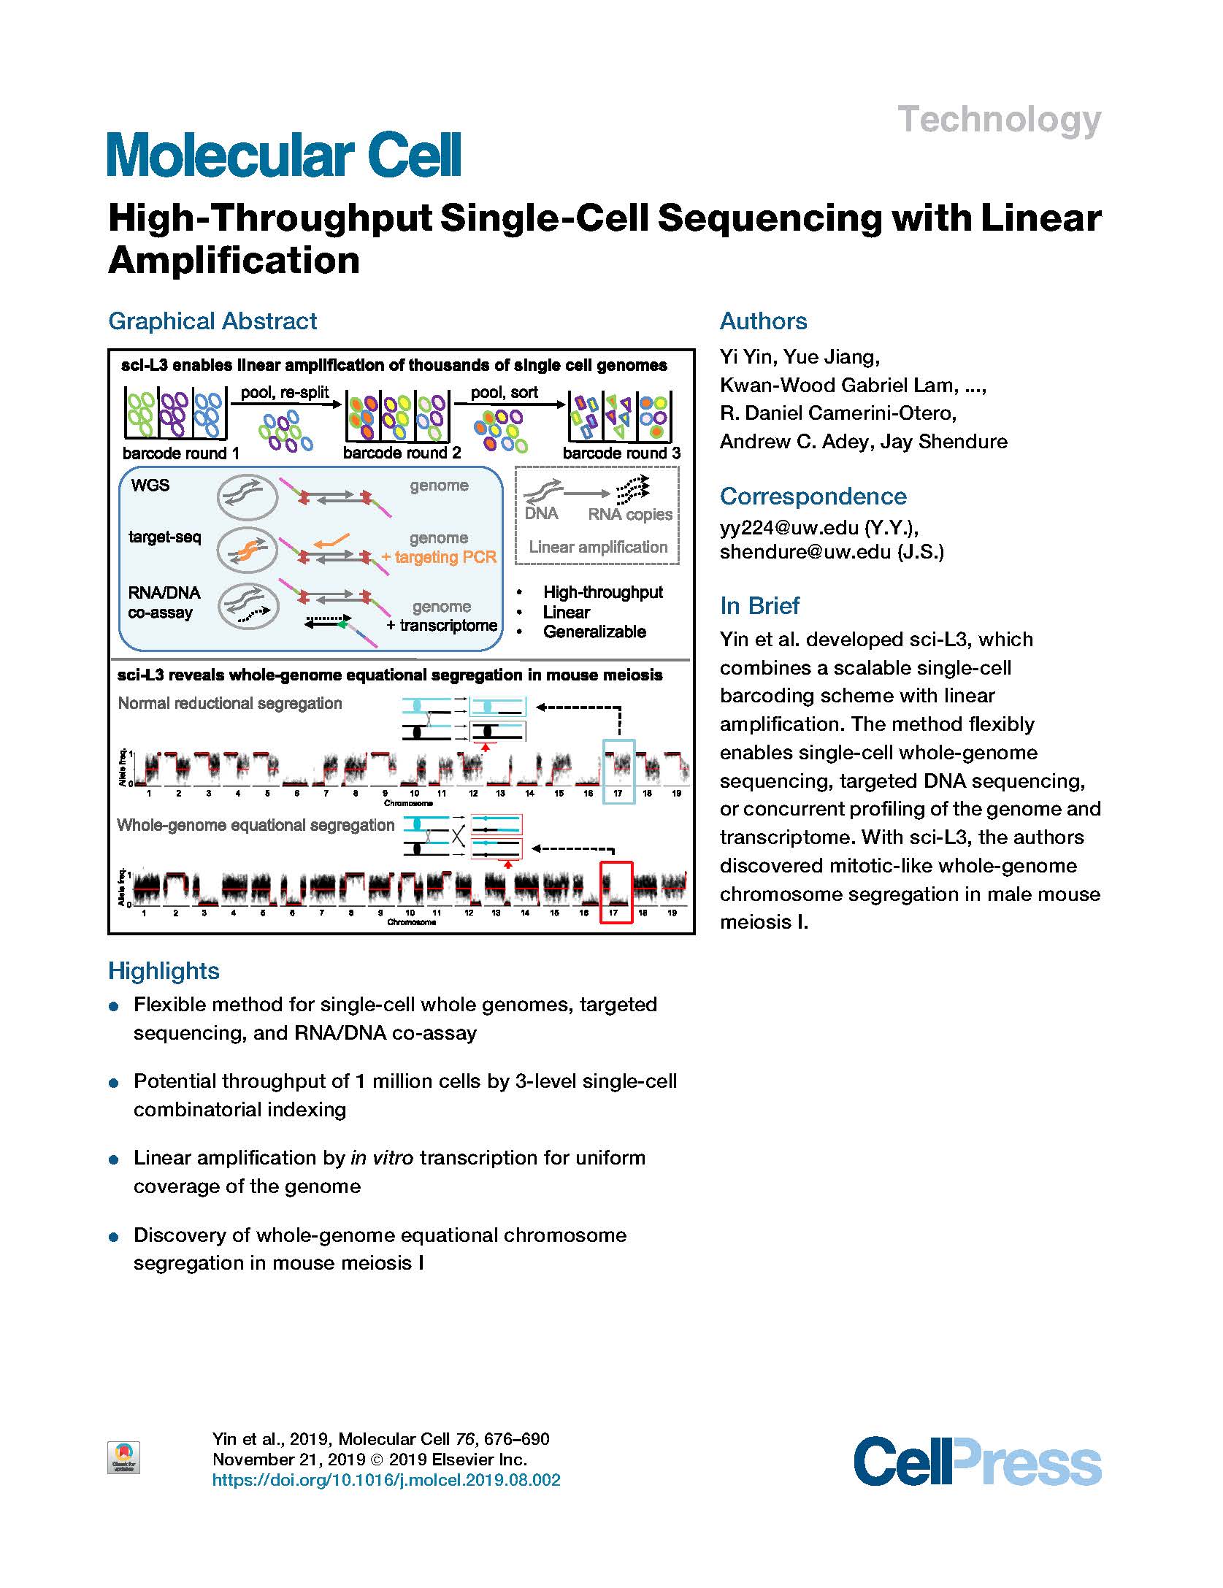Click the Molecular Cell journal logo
[284, 154]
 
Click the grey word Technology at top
[998, 120]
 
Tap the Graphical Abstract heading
[212, 321]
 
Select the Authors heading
[763, 321]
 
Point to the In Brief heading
[759, 606]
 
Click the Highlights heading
[164, 971]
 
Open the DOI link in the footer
[386, 1480]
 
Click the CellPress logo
[977, 1460]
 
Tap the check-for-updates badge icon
[123, 1457]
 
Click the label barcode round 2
[402, 453]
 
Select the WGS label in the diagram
[150, 486]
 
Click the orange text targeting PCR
[439, 557]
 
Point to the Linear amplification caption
[598, 547]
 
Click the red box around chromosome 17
[616, 892]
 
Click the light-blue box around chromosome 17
[618, 772]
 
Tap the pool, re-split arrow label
[285, 393]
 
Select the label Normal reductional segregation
[230, 704]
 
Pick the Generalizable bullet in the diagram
[594, 632]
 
